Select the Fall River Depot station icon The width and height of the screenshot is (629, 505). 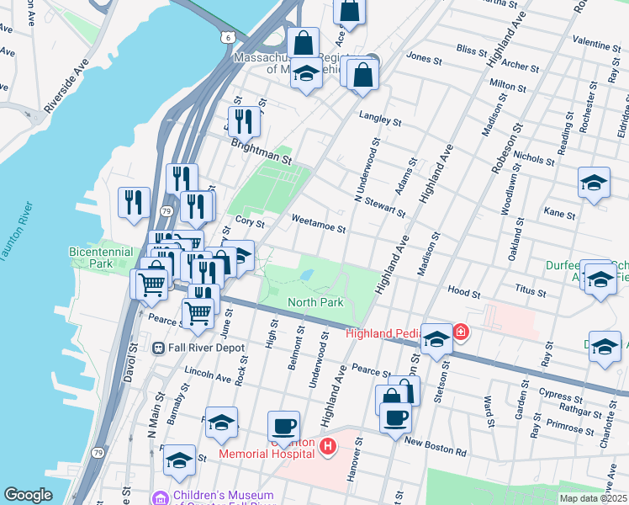157,348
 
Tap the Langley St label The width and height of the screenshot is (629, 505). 376,118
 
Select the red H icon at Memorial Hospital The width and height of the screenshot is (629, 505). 328,446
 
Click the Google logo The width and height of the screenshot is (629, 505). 28,495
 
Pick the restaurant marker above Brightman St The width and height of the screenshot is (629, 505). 244,120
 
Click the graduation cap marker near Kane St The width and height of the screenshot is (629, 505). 594,183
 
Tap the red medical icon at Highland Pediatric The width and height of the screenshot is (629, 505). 461,333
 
